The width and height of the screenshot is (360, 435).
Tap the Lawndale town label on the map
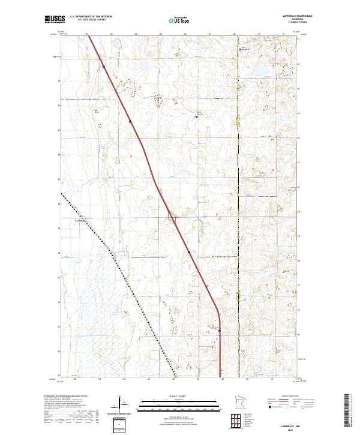tap(80, 220)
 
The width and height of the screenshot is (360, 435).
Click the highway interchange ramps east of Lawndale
tap(172, 217)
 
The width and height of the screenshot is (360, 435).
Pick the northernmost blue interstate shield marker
tap(104, 68)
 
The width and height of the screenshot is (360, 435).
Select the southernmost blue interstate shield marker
tap(220, 331)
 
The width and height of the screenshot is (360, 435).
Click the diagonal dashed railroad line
tap(120, 270)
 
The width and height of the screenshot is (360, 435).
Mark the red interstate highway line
tap(150, 168)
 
